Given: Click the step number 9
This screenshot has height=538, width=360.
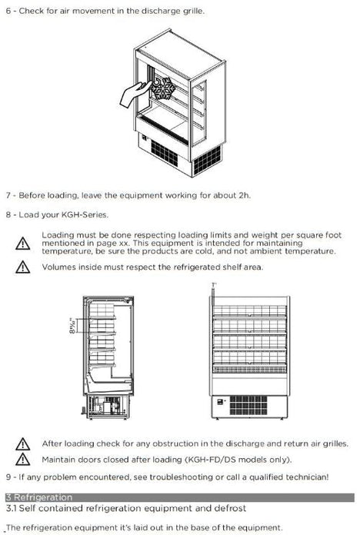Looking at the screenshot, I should (x=8, y=477).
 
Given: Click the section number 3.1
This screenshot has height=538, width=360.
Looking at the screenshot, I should (x=13, y=509).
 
